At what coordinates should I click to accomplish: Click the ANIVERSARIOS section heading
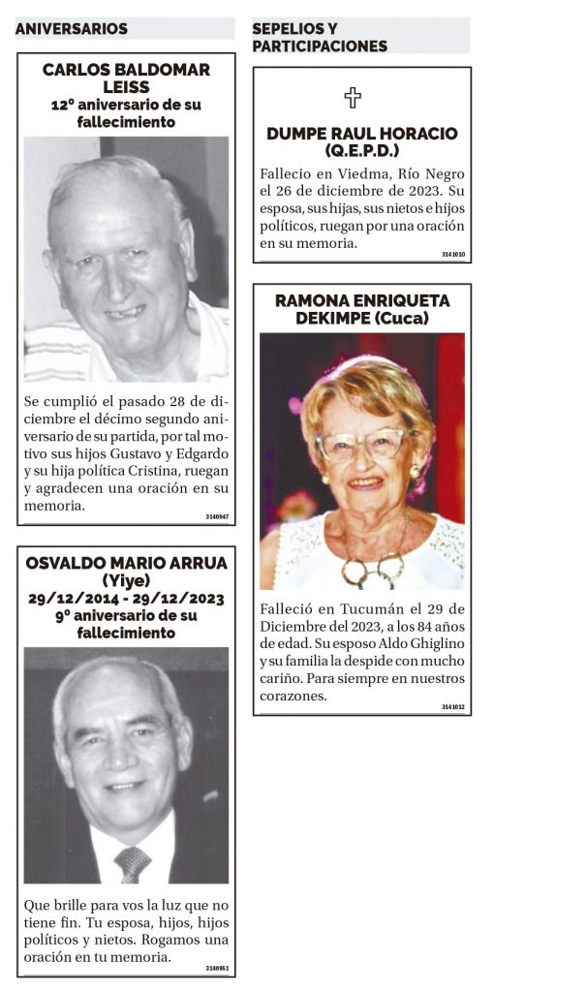[72, 29]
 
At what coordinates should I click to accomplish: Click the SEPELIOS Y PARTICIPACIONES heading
[320, 37]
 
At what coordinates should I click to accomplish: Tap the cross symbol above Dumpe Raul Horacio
[353, 98]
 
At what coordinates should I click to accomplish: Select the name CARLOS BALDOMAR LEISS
[126, 77]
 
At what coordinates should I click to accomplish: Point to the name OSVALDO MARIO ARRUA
[126, 563]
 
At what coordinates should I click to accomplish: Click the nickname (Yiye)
[126, 580]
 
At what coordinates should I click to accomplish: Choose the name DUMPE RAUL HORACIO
[362, 134]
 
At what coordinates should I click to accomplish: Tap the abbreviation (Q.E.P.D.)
[362, 151]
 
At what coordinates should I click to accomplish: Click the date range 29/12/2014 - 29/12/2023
[126, 598]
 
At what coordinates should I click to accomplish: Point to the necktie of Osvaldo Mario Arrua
[132, 862]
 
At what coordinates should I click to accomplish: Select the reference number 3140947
[217, 516]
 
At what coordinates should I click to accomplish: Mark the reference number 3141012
[453, 707]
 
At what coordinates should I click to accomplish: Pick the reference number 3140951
[217, 968]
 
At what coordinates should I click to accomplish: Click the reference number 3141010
[453, 255]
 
